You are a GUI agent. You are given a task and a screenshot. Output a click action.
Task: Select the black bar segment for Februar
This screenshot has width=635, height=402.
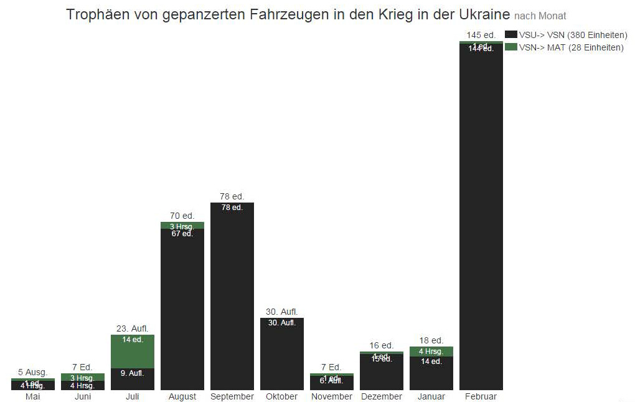(x=481, y=218)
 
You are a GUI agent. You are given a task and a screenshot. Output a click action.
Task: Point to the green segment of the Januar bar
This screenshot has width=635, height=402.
(x=431, y=352)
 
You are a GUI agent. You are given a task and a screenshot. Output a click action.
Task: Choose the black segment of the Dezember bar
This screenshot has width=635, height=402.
(x=381, y=373)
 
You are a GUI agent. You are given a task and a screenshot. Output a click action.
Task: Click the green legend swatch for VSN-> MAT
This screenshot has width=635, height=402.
(x=511, y=47)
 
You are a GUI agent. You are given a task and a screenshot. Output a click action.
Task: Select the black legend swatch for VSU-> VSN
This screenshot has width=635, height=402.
(x=511, y=35)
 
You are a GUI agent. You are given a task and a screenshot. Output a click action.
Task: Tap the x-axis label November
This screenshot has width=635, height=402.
(x=331, y=396)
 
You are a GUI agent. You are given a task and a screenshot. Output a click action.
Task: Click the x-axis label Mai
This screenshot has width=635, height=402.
(x=32, y=396)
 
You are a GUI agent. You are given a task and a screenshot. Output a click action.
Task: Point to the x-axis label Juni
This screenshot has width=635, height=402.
(x=82, y=396)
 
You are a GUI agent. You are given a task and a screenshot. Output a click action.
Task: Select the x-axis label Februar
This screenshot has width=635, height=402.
(x=481, y=396)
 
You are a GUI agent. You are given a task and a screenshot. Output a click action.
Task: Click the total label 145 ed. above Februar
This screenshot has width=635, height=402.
(x=481, y=34)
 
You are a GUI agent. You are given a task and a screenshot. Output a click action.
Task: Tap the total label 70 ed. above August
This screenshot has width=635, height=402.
(x=182, y=216)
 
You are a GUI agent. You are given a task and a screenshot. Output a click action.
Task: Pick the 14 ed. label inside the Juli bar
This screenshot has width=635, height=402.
(x=132, y=340)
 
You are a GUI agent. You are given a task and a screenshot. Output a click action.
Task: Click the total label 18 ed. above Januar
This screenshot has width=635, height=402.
(x=431, y=340)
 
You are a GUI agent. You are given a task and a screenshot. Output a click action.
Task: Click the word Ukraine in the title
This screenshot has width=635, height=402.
(x=484, y=14)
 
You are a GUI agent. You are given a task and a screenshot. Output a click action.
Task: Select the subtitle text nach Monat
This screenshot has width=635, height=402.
(x=540, y=16)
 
